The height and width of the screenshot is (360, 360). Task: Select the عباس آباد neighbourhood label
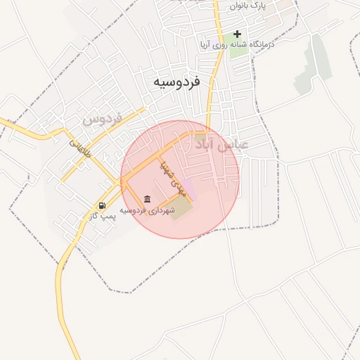[223, 145]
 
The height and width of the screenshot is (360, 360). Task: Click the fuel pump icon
[103, 206]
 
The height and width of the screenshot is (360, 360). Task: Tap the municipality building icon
[146, 200]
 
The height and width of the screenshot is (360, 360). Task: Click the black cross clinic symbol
[238, 34]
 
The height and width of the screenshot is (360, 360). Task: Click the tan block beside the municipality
[180, 207]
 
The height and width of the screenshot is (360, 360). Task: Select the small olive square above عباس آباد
[201, 136]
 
